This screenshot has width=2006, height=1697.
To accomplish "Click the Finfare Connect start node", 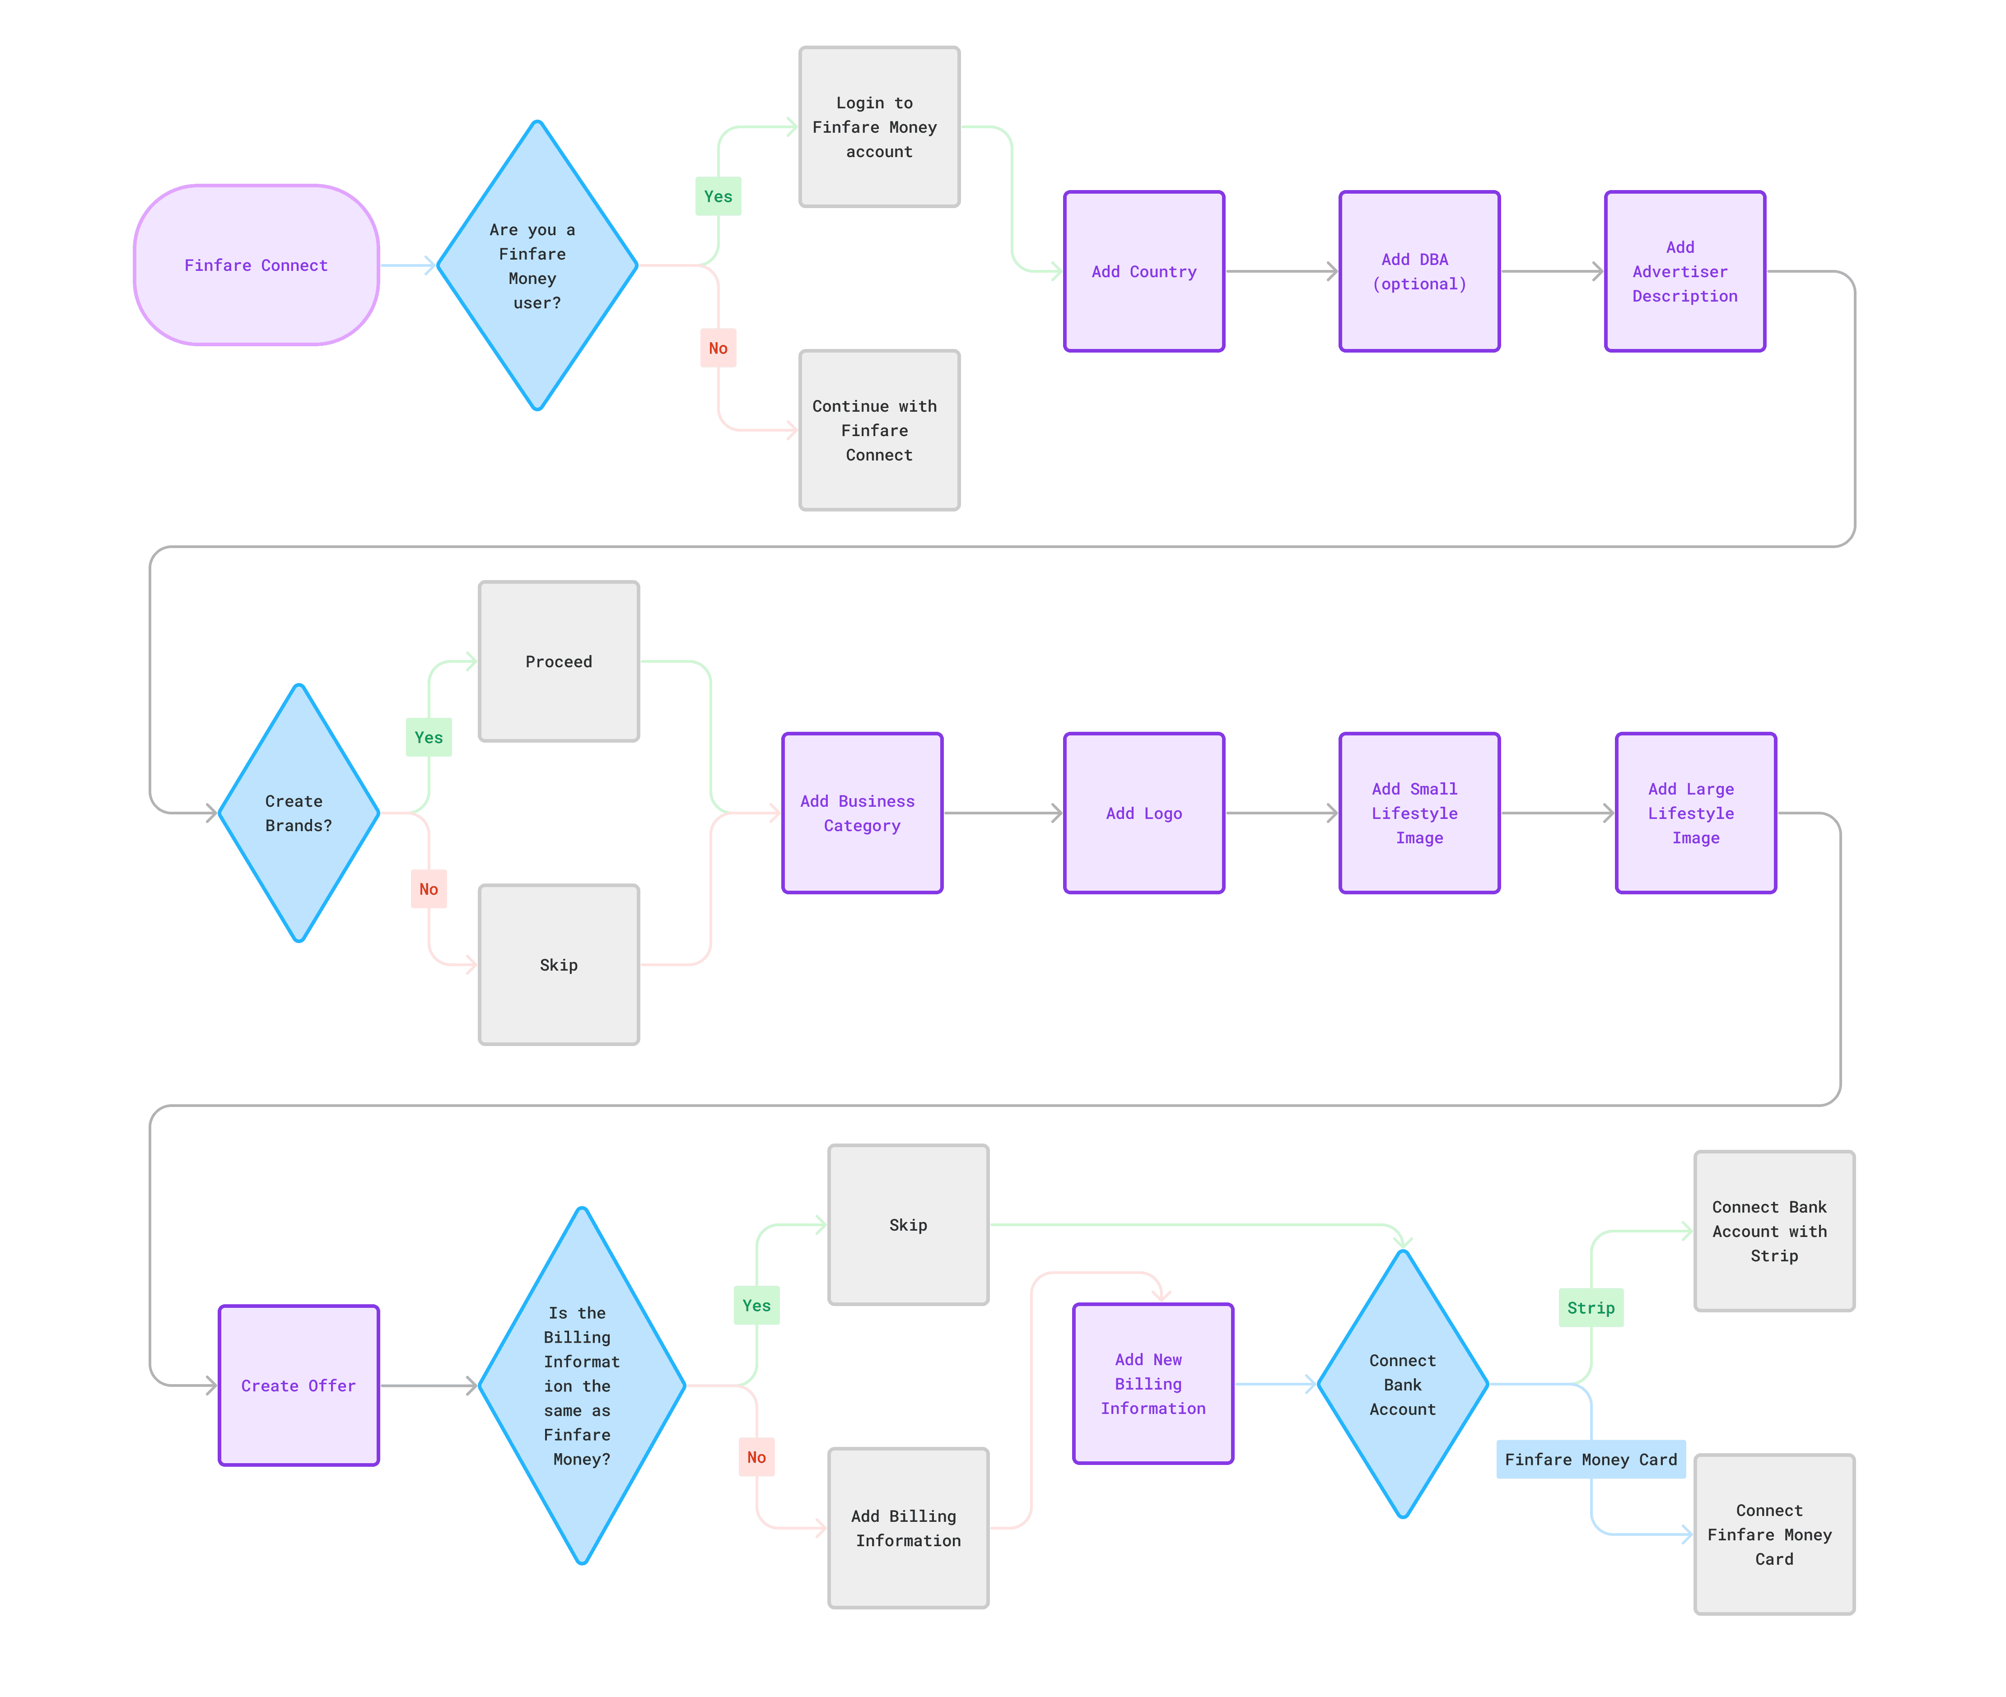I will coord(256,265).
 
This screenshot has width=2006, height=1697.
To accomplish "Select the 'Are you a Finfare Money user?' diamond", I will coord(537,265).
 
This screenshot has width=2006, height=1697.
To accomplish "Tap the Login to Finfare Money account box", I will coord(878,127).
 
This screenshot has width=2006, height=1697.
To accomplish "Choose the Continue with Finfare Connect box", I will coord(878,430).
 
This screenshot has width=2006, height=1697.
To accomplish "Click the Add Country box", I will coord(1144,271).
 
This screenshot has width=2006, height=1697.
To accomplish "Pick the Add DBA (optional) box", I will coord(1419,271).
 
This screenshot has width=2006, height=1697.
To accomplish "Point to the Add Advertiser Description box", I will coord(1684,271).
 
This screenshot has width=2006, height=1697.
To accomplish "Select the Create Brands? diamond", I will coord(299,813).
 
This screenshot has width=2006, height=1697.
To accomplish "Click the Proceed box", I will coord(559,662).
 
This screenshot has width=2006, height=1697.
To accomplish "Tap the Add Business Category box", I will coord(862,813).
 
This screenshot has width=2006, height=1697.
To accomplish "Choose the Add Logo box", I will coord(1144,813).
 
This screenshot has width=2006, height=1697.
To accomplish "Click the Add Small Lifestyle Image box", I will coord(1419,813).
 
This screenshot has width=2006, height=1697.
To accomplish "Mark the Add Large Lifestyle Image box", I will coord(1695,813).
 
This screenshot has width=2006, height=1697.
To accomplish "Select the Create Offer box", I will coord(299,1385).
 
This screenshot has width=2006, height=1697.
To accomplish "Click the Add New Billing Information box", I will coord(1152,1383).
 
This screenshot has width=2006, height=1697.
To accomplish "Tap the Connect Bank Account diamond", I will coord(1403,1384).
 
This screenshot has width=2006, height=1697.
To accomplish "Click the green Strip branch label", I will coord(1591,1307).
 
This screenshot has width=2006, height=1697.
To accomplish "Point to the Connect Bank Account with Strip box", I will coord(1774,1232).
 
